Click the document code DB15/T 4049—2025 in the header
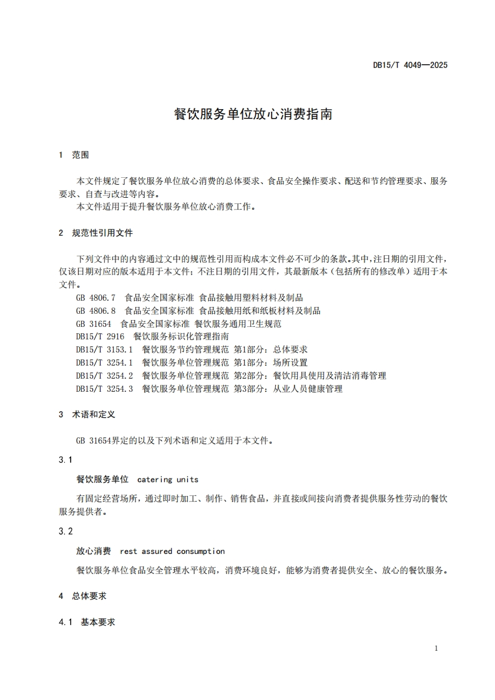(410, 65)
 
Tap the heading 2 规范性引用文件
(96, 233)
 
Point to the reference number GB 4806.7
(96, 298)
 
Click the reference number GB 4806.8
(96, 311)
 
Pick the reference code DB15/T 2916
(100, 337)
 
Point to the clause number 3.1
(66, 460)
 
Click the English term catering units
(167, 480)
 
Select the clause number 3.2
(66, 531)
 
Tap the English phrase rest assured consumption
(172, 552)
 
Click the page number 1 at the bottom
(436, 649)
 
